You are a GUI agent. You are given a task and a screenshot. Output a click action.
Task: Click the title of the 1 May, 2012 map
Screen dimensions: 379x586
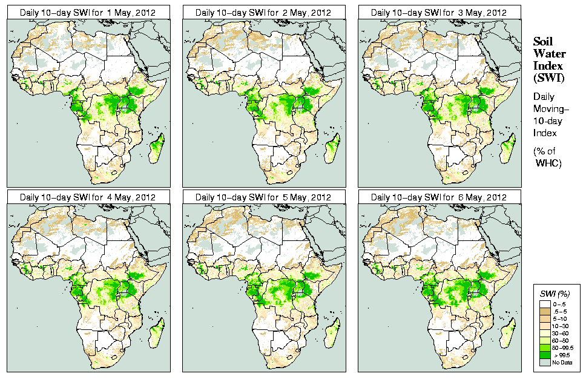[88, 12]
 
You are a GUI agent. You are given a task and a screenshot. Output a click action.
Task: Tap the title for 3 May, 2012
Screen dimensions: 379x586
[439, 12]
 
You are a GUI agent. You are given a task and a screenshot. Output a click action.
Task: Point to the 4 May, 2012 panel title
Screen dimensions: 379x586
[88, 197]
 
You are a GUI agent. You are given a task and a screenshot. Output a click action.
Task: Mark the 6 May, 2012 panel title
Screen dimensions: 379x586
[439, 197]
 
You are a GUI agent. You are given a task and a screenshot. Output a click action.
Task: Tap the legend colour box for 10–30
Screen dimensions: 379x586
[545, 326]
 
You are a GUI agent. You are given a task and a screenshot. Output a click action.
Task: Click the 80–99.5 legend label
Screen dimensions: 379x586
[563, 348]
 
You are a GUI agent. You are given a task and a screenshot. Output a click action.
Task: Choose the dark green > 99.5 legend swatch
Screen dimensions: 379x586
[545, 355]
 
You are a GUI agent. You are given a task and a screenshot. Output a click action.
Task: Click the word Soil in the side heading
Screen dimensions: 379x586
[543, 41]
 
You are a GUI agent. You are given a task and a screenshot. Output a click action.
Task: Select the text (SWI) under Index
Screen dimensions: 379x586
[548, 77]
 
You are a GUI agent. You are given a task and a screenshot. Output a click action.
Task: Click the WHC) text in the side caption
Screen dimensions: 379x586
[550, 163]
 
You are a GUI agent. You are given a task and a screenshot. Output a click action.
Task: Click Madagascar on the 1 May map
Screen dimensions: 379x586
[157, 149]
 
